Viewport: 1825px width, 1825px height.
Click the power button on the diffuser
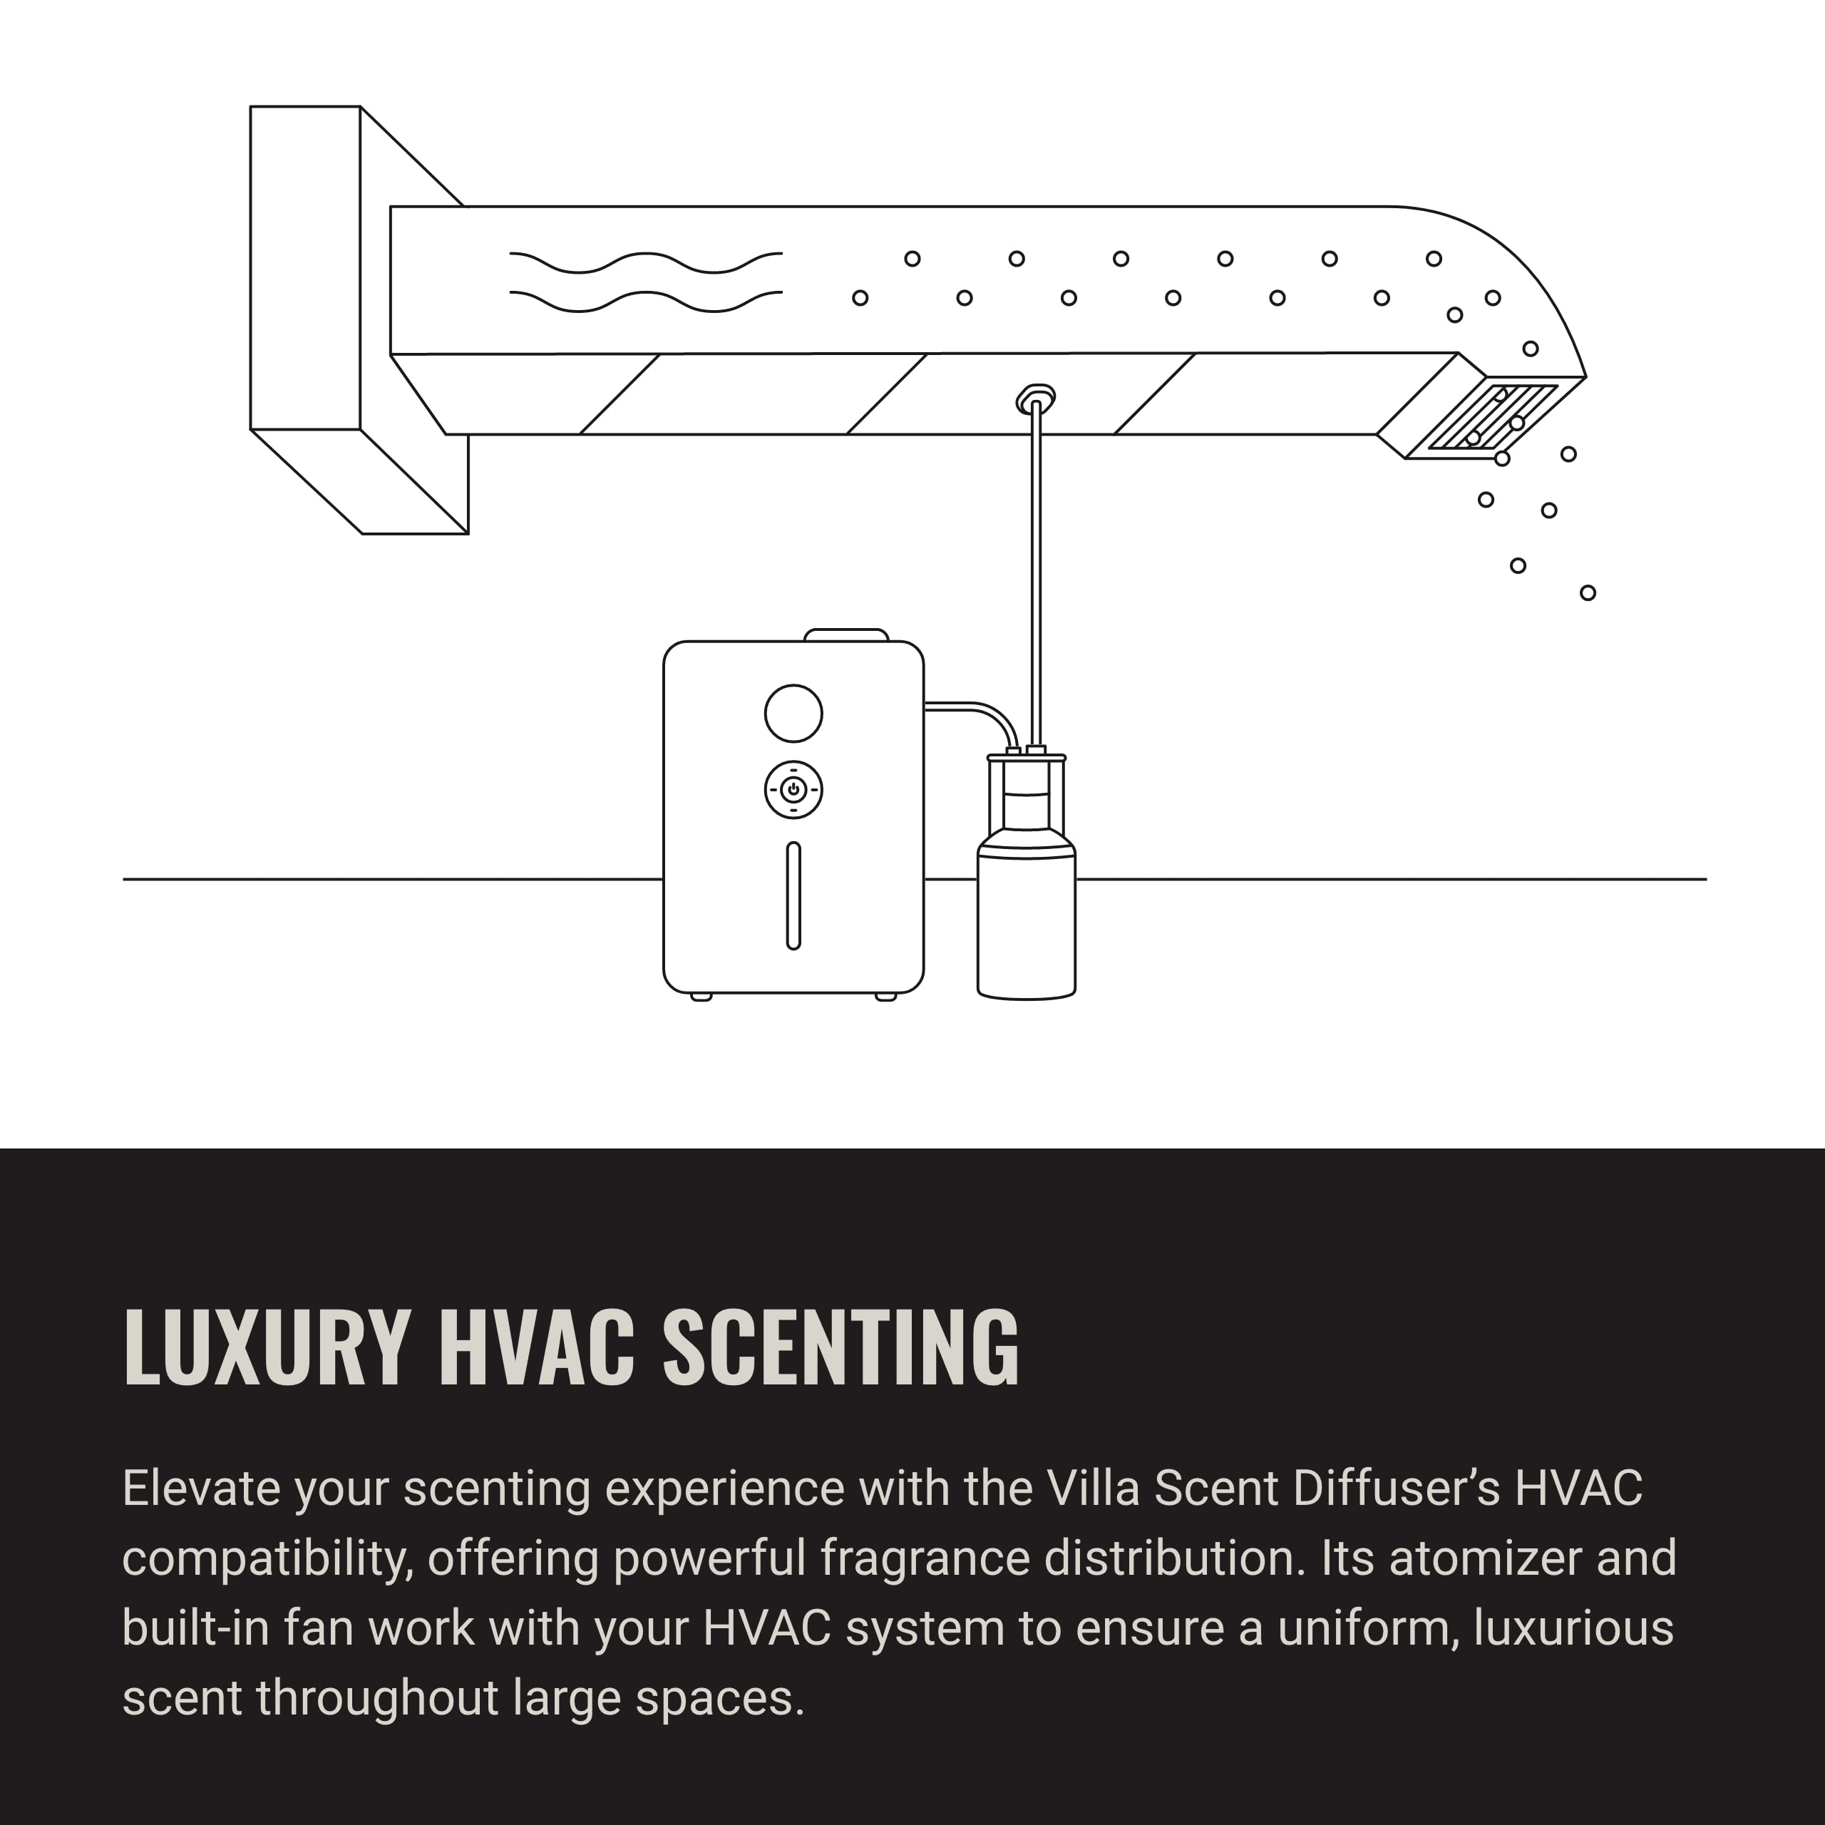tap(793, 790)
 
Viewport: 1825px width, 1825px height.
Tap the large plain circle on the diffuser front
tap(793, 713)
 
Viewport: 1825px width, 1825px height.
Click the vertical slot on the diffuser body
tap(793, 895)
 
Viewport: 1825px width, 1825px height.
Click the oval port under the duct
tap(1037, 399)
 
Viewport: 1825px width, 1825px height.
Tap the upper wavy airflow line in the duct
tap(646, 262)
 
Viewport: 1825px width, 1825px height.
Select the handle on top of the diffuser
tap(846, 634)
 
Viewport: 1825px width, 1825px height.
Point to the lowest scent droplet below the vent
tap(1588, 593)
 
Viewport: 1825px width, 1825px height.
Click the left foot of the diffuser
tap(701, 997)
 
